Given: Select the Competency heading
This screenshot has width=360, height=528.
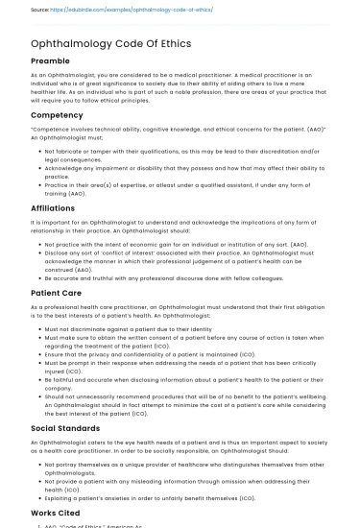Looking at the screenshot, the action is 58,114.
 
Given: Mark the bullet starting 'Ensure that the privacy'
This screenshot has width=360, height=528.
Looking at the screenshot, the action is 144,354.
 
